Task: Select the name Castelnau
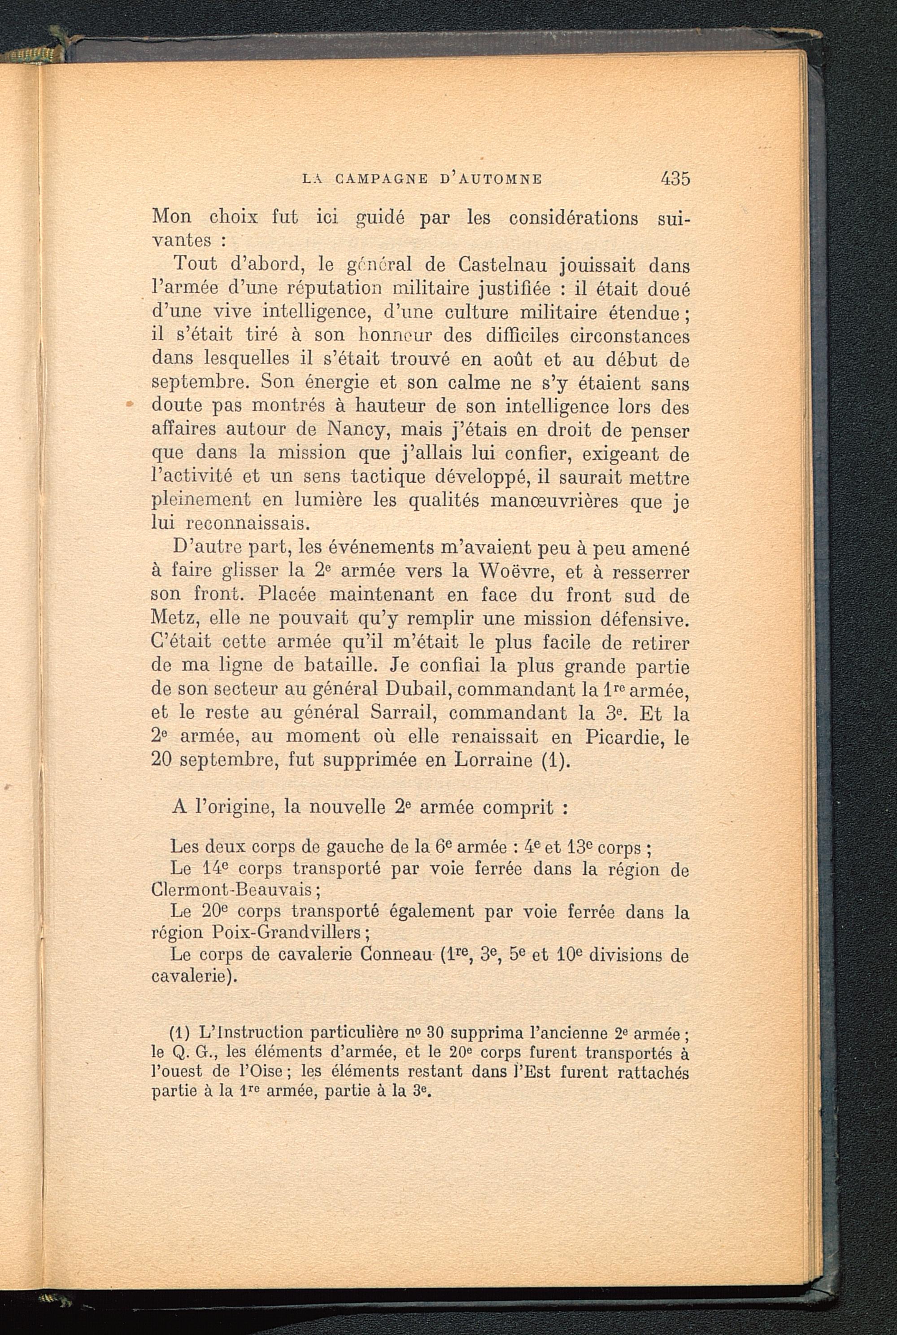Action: [507, 266]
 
